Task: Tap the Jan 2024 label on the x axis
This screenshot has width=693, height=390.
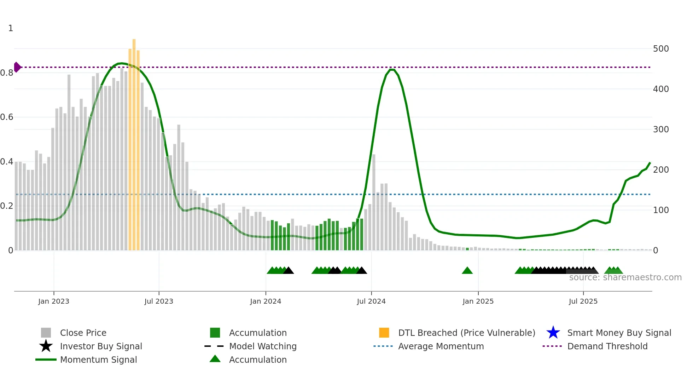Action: tap(266, 301)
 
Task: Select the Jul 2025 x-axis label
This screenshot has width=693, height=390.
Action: tap(583, 301)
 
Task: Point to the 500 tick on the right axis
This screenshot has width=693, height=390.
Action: tap(660, 49)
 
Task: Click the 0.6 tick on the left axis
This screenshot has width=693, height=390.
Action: tap(7, 117)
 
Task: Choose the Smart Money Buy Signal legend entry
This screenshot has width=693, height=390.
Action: tap(619, 333)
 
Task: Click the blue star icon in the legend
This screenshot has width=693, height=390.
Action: tap(553, 333)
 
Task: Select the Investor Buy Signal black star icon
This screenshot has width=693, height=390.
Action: tap(46, 346)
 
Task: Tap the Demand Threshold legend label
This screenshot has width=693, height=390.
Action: tap(607, 346)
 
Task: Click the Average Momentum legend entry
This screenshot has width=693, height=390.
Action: tap(441, 346)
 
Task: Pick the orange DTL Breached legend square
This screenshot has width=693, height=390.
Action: tap(384, 333)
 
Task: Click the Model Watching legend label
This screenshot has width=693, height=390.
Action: tap(263, 346)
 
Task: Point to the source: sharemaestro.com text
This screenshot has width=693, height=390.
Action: tap(625, 277)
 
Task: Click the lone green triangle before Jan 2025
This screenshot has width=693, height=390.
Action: tap(467, 271)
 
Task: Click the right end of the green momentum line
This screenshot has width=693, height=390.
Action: tap(650, 163)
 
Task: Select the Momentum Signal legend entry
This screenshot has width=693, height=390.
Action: tap(98, 360)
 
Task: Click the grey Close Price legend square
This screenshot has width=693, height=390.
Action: tap(46, 333)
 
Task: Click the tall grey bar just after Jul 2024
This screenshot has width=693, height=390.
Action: tap(374, 202)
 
